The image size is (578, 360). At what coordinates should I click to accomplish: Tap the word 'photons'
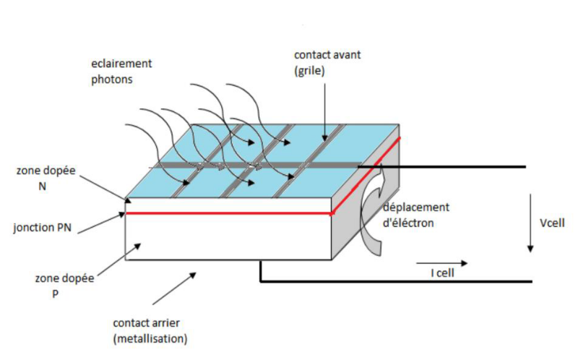coord(112,80)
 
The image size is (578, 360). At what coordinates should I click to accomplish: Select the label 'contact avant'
coord(327,55)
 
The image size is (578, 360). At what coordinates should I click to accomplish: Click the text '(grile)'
coord(310,71)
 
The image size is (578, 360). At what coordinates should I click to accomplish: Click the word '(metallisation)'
coord(150,338)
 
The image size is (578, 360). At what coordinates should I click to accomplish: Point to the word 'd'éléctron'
coord(409,223)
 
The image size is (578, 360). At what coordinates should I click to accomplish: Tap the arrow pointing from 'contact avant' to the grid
coord(324,108)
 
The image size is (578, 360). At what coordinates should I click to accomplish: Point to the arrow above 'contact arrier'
coord(173,287)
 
